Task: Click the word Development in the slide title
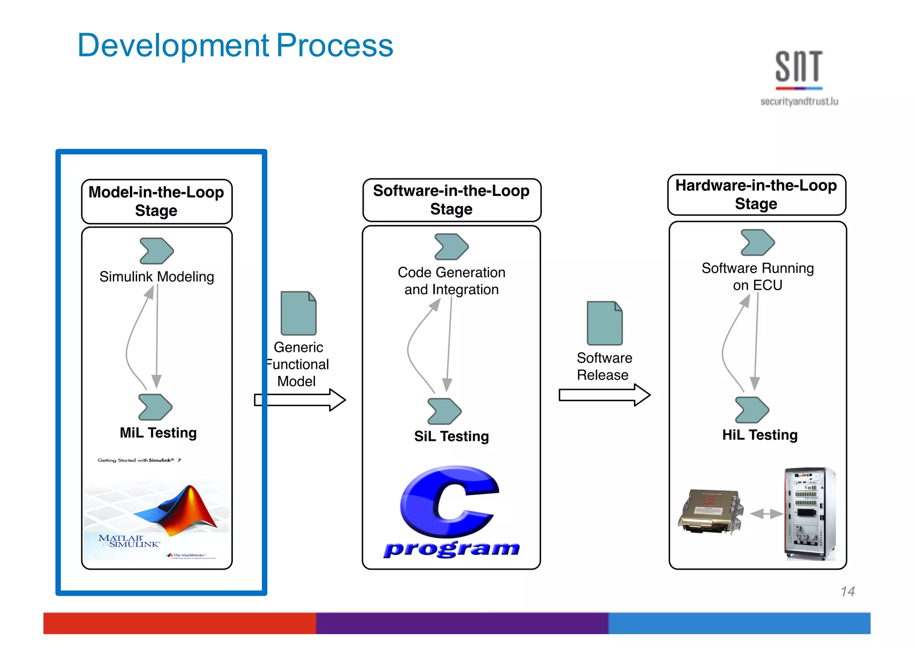[x=173, y=46]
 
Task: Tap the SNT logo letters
[x=798, y=67]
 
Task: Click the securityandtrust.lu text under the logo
[x=799, y=101]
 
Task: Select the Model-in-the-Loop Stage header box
[x=156, y=201]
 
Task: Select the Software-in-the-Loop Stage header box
[x=451, y=200]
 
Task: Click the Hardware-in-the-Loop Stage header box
[x=756, y=195]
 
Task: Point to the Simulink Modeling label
[x=156, y=277]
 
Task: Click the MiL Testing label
[x=158, y=433]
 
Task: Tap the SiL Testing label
[x=451, y=436]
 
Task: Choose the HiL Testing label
[x=760, y=435]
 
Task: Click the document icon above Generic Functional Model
[x=298, y=313]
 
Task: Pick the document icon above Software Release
[x=604, y=323]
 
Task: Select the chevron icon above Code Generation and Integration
[x=451, y=247]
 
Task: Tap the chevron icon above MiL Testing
[x=155, y=407]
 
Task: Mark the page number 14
[x=847, y=592]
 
